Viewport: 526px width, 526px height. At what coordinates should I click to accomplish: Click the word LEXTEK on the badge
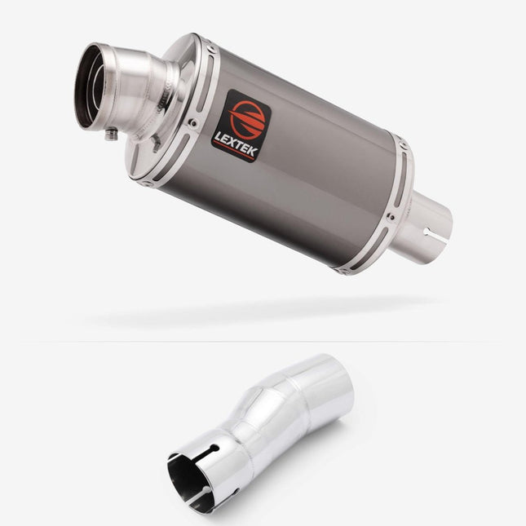point(236,144)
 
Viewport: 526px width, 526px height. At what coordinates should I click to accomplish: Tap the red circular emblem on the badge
point(247,119)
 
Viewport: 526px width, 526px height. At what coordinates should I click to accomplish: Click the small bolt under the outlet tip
point(112,135)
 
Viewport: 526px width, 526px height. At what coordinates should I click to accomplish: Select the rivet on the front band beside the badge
point(193,122)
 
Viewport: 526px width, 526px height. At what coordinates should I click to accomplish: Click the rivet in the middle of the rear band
point(391,217)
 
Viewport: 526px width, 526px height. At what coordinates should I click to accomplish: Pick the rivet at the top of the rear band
point(404,145)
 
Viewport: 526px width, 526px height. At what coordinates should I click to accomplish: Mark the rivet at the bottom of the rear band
point(343,271)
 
